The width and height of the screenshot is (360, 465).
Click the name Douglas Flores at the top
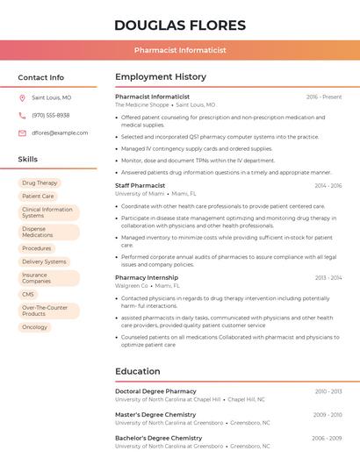(x=180, y=25)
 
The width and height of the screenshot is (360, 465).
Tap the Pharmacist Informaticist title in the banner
(x=180, y=50)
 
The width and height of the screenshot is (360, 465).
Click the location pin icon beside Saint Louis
(x=22, y=98)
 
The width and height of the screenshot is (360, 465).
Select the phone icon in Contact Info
(x=22, y=116)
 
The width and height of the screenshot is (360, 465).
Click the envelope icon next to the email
(x=22, y=133)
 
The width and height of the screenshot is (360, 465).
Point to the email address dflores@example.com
(x=60, y=133)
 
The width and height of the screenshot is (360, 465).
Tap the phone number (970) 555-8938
(x=51, y=116)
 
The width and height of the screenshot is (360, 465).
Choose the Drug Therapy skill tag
(x=40, y=183)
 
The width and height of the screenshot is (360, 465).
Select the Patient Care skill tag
(x=38, y=197)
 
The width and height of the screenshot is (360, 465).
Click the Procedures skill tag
(x=37, y=248)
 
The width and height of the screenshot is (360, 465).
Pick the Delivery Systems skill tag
(x=44, y=261)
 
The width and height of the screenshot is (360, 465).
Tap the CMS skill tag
(x=28, y=295)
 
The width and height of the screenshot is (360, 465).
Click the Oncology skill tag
(x=34, y=327)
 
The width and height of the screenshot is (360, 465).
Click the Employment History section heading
(x=161, y=77)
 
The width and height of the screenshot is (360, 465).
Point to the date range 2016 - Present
(x=324, y=97)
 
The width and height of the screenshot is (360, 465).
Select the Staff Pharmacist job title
(x=140, y=186)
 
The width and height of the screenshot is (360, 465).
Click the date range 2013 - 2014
(x=328, y=277)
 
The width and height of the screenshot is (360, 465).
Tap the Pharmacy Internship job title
(x=147, y=277)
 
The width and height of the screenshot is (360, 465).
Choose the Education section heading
(x=137, y=371)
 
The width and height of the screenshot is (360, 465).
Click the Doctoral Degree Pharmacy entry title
(x=155, y=391)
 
